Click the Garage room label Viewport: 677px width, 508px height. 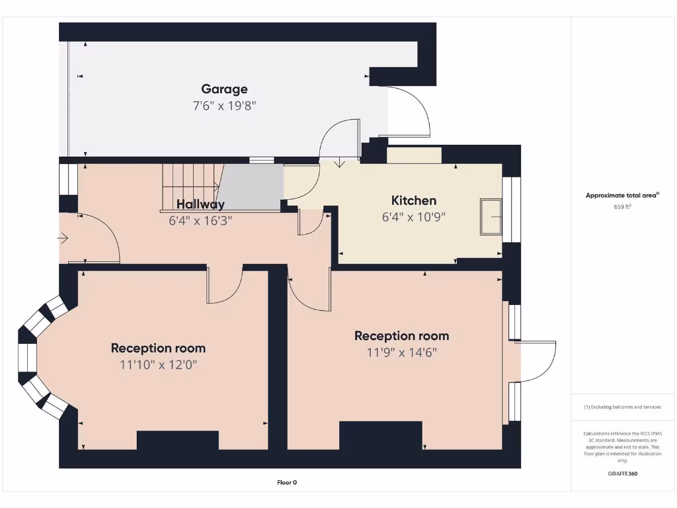coord(224,89)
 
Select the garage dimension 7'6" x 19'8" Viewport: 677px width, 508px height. coord(224,105)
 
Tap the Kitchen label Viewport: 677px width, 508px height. coord(414,200)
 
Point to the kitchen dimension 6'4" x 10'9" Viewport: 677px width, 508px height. coord(414,216)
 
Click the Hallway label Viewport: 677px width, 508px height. coord(200,204)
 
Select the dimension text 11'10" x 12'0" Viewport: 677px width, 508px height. coord(158,364)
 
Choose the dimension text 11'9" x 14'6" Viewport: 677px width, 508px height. coord(401,353)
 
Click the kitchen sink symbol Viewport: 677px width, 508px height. coord(491,216)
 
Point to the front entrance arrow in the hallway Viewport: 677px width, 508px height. coord(63,237)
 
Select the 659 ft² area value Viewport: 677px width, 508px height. coord(622,207)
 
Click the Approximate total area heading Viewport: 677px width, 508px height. coord(622,195)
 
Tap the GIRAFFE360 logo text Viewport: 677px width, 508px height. coord(622,474)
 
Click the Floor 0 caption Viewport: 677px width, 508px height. coord(287,483)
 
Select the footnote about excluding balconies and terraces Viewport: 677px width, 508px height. coord(622,407)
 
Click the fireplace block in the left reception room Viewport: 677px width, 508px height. coord(177,441)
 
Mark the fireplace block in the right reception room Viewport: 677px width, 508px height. coord(380,435)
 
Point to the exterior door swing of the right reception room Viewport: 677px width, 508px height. coord(537,360)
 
